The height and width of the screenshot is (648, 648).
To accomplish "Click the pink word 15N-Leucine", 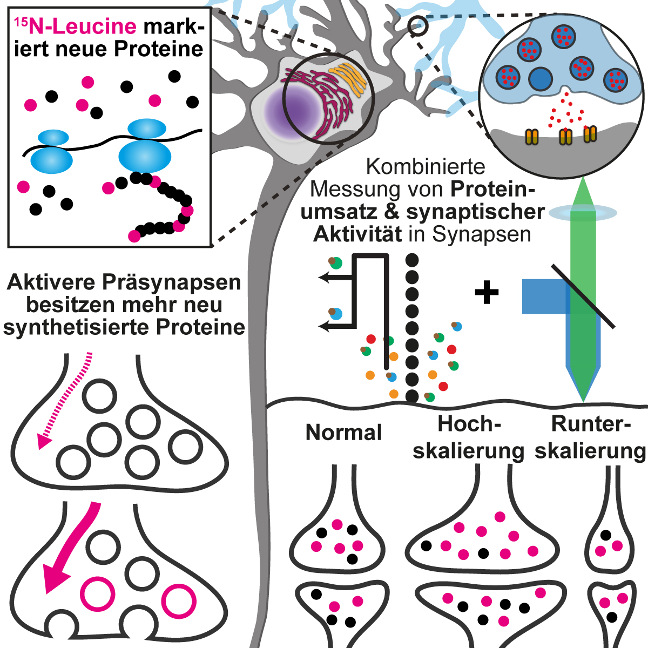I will coord(75,27).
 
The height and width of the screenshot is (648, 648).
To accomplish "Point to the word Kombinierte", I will coord(426,167).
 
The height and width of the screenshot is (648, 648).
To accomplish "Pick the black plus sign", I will coord(487,293).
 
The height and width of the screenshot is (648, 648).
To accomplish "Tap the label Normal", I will coord(344,433).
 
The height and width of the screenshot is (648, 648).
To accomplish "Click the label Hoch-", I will coord(469,424).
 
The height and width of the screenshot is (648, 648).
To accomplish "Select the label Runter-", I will coord(591,424).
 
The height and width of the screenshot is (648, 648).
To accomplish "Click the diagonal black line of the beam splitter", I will coord(583,296).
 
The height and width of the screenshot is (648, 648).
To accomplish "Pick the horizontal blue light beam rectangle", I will coord(543,296).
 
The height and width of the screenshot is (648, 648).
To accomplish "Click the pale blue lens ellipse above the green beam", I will coord(583,213).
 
